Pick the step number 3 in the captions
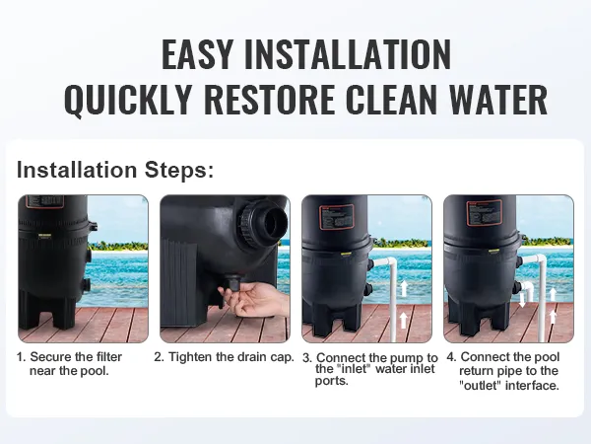[x=307, y=357]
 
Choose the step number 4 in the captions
[x=450, y=357]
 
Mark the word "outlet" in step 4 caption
[x=486, y=385]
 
